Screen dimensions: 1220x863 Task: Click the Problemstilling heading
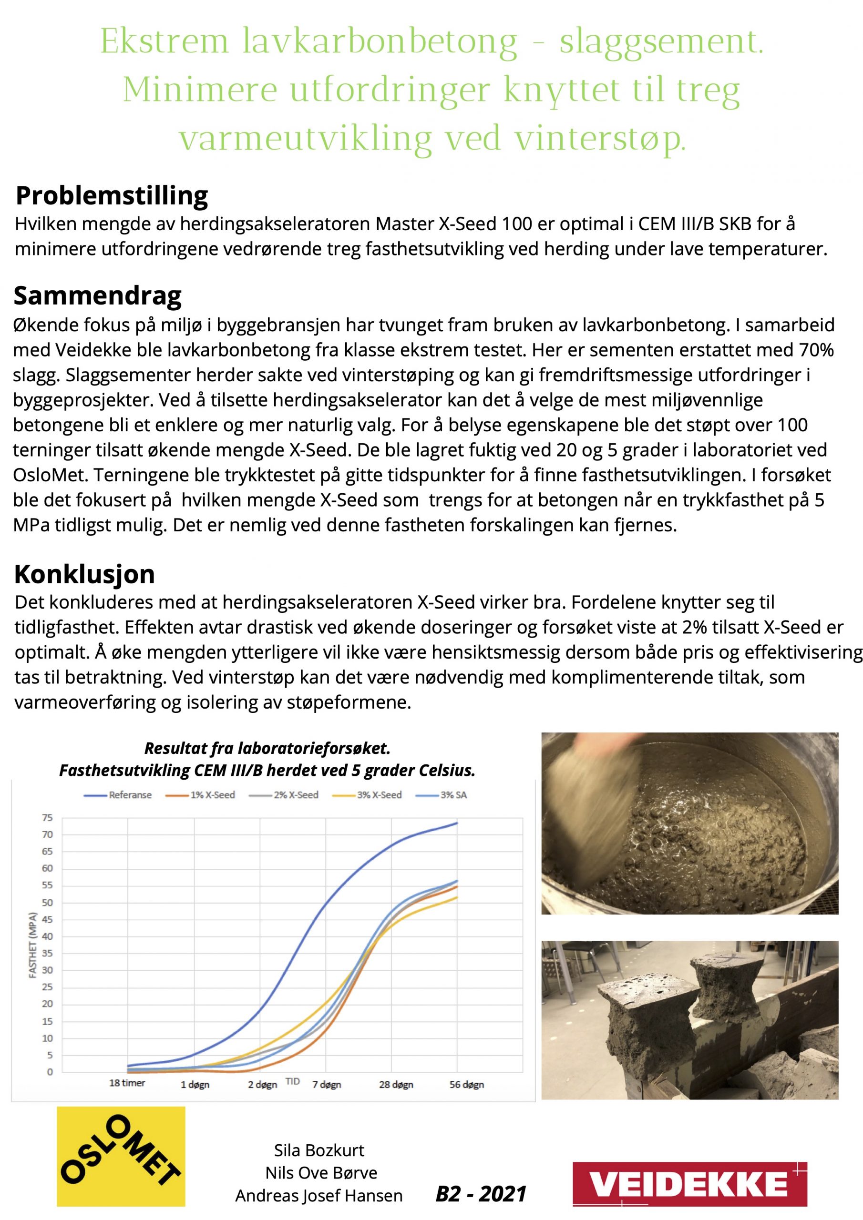click(112, 195)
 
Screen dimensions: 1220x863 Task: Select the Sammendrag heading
click(97, 295)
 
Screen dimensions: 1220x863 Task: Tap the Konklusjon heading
click(84, 574)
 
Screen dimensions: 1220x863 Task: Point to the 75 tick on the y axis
click(47, 818)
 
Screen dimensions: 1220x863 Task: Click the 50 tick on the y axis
click(47, 903)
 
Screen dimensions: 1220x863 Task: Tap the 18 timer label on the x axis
click(127, 1083)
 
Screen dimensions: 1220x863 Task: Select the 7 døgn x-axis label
click(327, 1085)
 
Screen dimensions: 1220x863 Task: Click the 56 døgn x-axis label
click(466, 1085)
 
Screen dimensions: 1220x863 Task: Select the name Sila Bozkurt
click(319, 1150)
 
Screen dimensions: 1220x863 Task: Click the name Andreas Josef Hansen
click(319, 1196)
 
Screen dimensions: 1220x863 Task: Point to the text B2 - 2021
click(481, 1194)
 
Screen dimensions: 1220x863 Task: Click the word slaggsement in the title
click(661, 41)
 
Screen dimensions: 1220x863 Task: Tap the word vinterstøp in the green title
click(600, 138)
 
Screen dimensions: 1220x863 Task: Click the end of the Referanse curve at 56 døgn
click(457, 823)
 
